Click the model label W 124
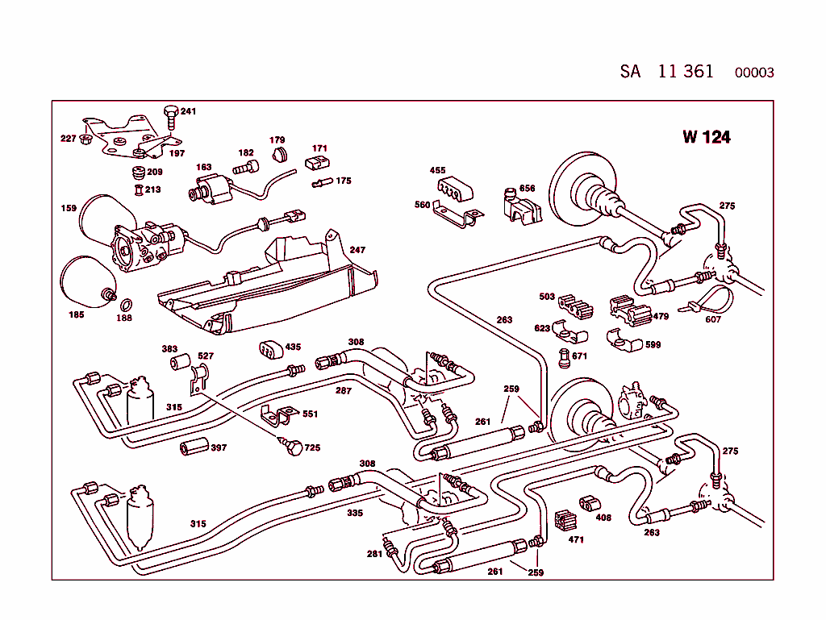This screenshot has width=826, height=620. pos(706,137)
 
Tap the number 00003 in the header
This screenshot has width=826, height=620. pos(754,73)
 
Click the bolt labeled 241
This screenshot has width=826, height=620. pos(170,116)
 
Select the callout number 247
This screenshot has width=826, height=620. pos(357,251)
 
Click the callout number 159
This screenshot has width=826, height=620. pos(69,209)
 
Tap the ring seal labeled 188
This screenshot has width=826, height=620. pos(127,304)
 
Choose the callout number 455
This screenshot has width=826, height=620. pos(437,171)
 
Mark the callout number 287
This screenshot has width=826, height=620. pos(344,390)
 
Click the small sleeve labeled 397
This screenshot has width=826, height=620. pos(194,447)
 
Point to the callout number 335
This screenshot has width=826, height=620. pos(355,513)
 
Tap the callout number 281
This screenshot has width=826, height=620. pos(374,554)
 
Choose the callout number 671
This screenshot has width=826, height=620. pos(579,356)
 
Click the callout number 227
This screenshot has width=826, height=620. pos(69,139)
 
